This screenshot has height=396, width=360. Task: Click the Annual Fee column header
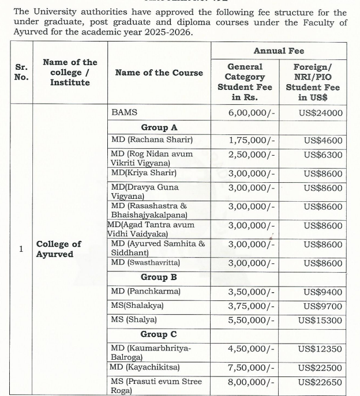click(x=279, y=51)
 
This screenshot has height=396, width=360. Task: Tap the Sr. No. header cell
click(x=21, y=72)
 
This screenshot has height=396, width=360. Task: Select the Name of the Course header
click(x=159, y=72)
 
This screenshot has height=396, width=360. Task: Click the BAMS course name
click(x=124, y=113)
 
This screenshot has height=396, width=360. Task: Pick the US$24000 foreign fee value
click(x=321, y=113)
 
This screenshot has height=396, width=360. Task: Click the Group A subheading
click(x=159, y=127)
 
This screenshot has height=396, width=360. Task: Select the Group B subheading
click(x=159, y=277)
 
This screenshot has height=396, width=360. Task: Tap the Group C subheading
click(x=159, y=334)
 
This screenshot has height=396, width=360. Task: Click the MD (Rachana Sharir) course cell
click(x=152, y=140)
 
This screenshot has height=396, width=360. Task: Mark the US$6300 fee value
click(x=323, y=154)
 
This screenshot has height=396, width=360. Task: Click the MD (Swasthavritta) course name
click(x=145, y=263)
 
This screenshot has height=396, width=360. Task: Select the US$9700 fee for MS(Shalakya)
click(x=323, y=306)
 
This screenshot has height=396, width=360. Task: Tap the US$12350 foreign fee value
click(x=321, y=349)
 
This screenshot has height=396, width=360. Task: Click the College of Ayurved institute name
click(x=59, y=248)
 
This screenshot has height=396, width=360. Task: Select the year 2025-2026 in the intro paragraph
click(x=166, y=32)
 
